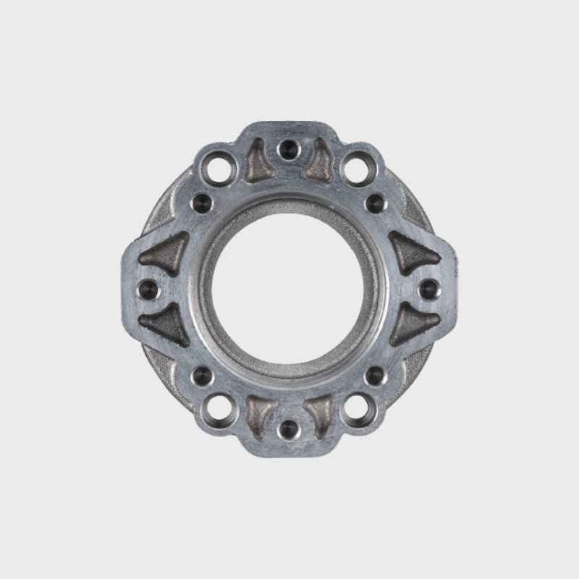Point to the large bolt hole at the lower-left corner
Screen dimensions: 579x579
click(216, 410)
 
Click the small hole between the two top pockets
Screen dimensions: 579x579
click(288, 150)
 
